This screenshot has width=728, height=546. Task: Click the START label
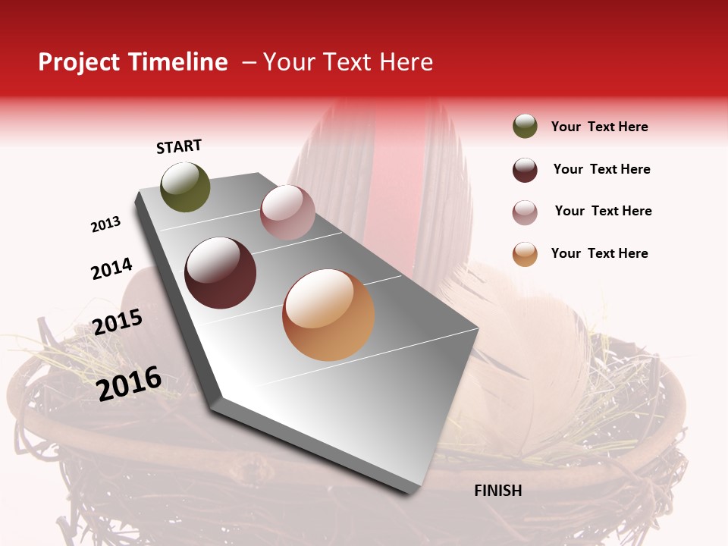[179, 146]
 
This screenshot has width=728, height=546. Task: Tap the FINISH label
[497, 491]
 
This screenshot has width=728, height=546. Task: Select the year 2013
[106, 224]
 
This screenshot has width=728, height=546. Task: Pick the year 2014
[111, 269]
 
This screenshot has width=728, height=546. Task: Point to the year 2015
[118, 322]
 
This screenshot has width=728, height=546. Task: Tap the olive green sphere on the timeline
[186, 187]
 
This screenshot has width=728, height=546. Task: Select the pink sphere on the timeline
[287, 212]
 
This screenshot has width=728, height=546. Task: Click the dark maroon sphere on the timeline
[221, 273]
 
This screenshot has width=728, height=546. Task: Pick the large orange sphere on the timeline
[328, 315]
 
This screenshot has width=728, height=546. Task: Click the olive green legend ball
[525, 127]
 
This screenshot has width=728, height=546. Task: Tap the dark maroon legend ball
[525, 170]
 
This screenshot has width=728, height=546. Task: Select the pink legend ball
[525, 212]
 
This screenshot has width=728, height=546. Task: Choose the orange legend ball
[525, 254]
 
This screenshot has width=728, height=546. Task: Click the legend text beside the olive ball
[599, 127]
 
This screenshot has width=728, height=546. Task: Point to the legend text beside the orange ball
[599, 253]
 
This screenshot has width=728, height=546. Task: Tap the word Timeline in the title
[179, 62]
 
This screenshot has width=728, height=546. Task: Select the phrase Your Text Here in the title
[348, 62]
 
